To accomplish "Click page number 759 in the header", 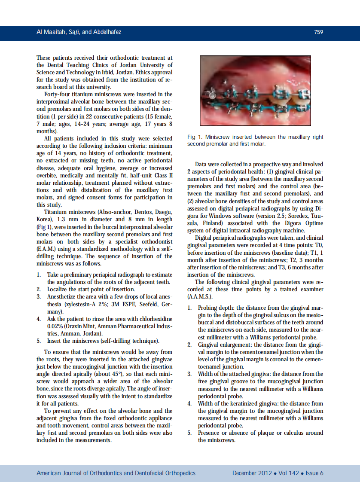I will coord(318,32).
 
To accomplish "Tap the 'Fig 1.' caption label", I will coord(195,137).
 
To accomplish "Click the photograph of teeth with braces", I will coord(255,91).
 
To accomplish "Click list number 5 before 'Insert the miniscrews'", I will coord(38,341).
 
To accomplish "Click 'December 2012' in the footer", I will coord(252,473).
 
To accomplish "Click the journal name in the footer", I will coord(116,473).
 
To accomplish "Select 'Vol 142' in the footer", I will coord(289,473).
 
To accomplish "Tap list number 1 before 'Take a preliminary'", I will coord(38,275).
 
